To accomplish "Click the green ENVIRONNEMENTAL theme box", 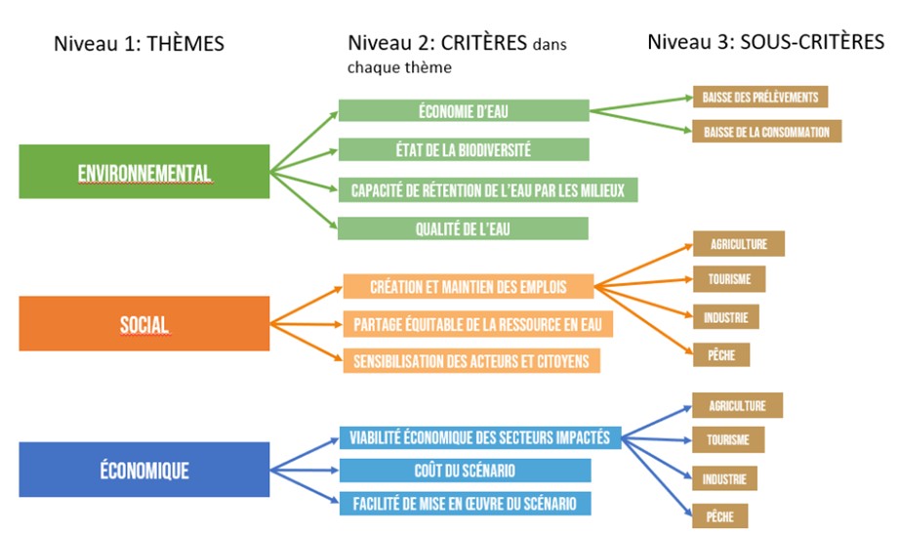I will pos(143,172).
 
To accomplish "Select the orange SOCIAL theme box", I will pos(143,323).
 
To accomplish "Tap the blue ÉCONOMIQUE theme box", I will pos(143,470).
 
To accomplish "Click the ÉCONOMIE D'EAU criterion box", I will pos(464,110).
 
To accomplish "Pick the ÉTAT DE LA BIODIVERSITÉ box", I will pos(464,149).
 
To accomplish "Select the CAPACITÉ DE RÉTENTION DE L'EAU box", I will pos(487,189).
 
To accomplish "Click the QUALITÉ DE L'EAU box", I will pos(464,228).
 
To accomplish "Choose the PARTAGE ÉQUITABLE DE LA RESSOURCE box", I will pos(477,324).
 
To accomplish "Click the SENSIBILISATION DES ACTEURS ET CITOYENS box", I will pos(470,360).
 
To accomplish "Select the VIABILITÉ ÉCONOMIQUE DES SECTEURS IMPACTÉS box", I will pos(479,436).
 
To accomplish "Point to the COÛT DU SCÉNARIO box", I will pos(465,471).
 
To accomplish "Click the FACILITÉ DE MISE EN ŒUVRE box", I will pos(465,504).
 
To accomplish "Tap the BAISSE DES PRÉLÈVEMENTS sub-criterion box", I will pos(760,97).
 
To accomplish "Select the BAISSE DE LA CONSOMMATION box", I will pos(766,131).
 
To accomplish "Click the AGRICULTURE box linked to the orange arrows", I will pos(738,243).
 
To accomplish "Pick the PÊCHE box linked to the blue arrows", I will pos(720,514).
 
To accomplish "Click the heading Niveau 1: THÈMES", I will pos(140,43).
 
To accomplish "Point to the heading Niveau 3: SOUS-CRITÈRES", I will pos(765,42).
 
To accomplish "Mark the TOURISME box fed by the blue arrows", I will pos(728,439).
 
